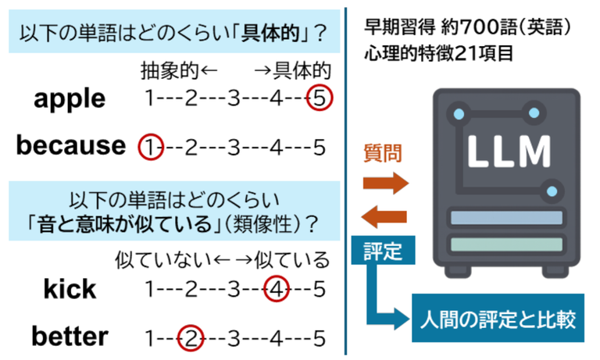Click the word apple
pos(70,100)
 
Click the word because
pos(70,145)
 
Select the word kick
pos(70,290)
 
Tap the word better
pos(70,337)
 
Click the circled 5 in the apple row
pos(320,99)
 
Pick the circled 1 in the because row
pos(149,146)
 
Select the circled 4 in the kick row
pos(277,290)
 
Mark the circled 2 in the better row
pos(191,337)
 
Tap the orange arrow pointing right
pos(385,184)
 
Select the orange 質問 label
pos(384,153)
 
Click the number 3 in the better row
pos(232,337)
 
